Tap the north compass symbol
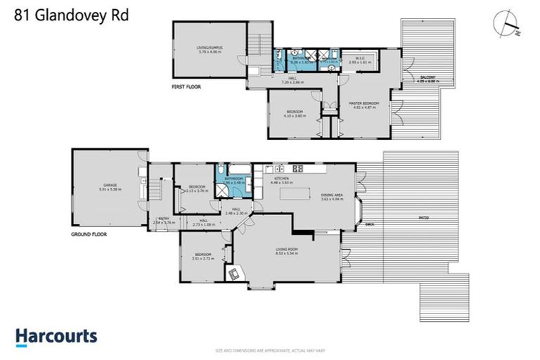[507, 25]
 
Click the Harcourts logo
[56, 336]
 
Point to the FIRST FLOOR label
[186, 87]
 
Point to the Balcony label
[427, 79]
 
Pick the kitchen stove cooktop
[297, 169]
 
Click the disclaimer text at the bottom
[270, 349]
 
